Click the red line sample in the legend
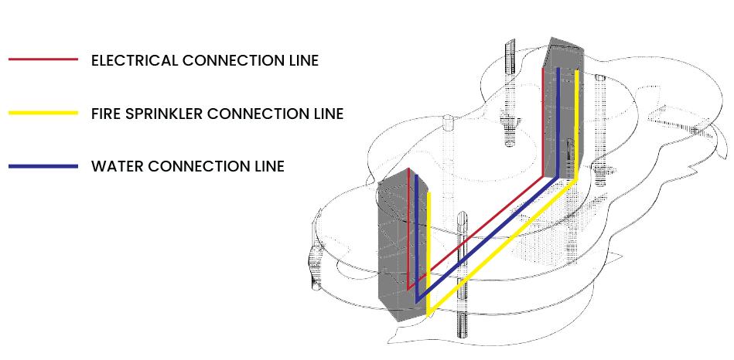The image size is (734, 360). coord(43,59)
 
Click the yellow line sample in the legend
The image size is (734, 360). coord(43,113)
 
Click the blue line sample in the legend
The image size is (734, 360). coord(43,166)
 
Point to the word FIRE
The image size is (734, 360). coord(105,114)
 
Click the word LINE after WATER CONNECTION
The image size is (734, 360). coord(268,166)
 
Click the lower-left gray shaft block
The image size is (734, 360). coord(394,247)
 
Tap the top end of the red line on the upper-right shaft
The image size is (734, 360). coord(543,69)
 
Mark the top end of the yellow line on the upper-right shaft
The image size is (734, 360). coord(577,71)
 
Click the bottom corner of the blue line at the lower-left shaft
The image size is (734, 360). coord(417,300)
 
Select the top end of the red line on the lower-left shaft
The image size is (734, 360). coord(408,169)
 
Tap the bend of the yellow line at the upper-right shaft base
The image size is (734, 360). coord(577,179)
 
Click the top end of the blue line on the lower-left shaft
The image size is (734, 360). coord(417,176)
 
